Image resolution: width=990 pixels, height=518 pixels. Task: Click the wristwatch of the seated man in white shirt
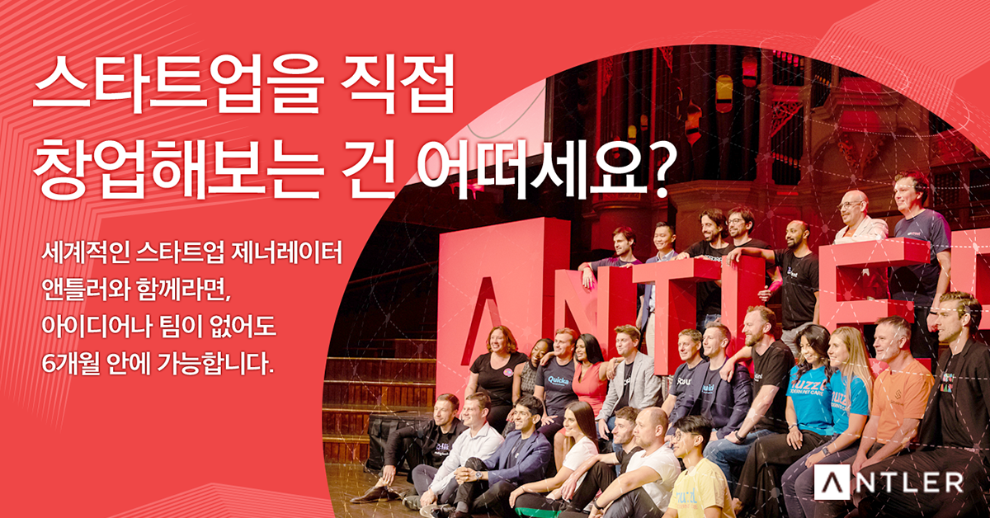click(478, 476)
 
